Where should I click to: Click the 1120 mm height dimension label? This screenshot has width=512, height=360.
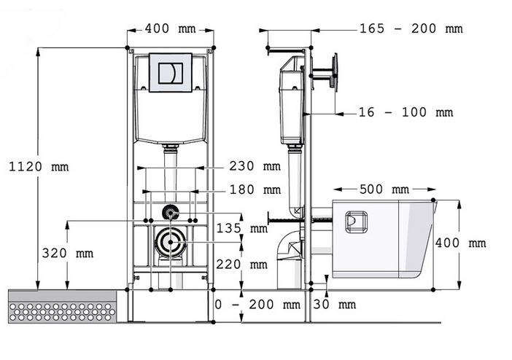pyautogui.click(x=39, y=167)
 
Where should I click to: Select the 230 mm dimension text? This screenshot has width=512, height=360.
pyautogui.click(x=255, y=166)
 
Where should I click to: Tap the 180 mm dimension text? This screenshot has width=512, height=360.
pyautogui.click(x=255, y=189)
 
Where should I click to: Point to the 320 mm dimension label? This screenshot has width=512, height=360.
pyautogui.click(x=68, y=253)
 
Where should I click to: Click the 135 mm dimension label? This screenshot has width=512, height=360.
pyautogui.click(x=242, y=228)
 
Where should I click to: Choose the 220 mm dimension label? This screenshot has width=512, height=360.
pyautogui.click(x=241, y=264)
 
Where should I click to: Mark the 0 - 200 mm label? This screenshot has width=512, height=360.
pyautogui.click(x=257, y=305)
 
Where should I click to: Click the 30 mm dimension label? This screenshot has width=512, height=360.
pyautogui.click(x=334, y=305)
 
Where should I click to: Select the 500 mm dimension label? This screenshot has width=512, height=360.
pyautogui.click(x=384, y=189)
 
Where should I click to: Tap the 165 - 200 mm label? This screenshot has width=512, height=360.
pyautogui.click(x=411, y=28)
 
